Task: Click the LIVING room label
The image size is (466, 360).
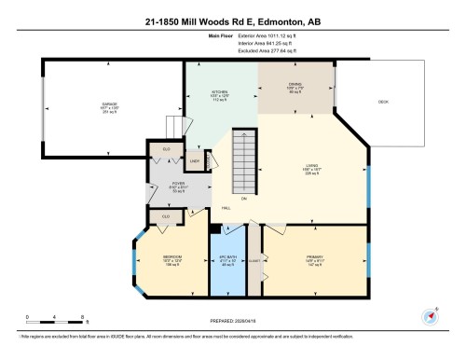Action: coord(311,168)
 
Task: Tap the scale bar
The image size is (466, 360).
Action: coord(55,320)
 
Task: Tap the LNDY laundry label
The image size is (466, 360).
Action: coord(196,161)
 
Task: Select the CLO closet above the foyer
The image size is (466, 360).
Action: coord(166,149)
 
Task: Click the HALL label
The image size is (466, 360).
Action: coord(226,208)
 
